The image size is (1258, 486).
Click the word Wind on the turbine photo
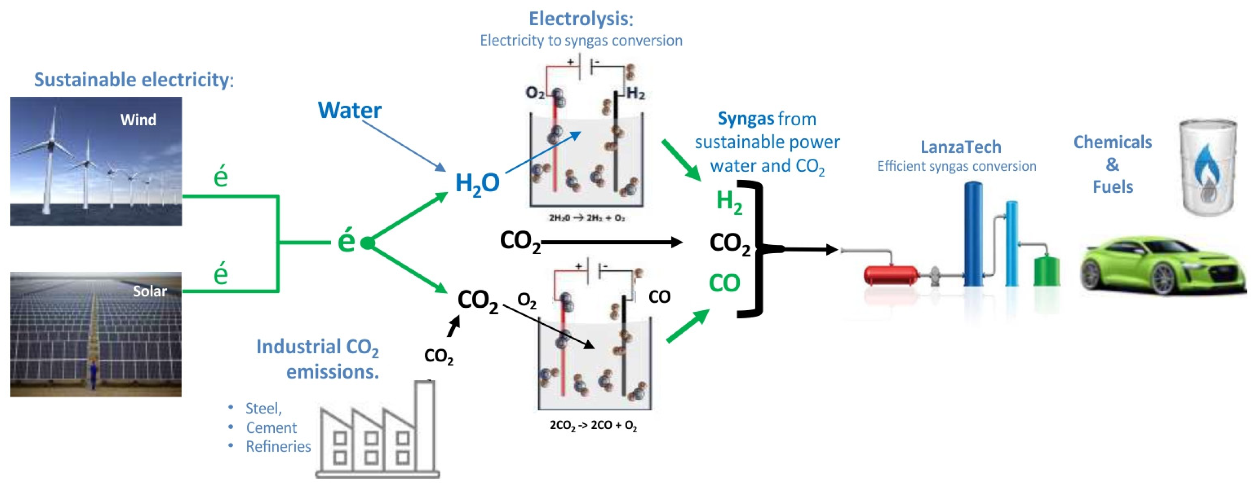pyautogui.click(x=138, y=119)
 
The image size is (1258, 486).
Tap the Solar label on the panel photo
pyautogui.click(x=150, y=291)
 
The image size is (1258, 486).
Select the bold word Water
pyautogui.click(x=350, y=110)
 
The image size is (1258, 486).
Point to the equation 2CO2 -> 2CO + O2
pyautogui.click(x=593, y=426)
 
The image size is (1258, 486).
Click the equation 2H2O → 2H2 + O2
pyautogui.click(x=586, y=218)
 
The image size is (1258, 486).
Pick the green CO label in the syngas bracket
pyautogui.click(x=724, y=283)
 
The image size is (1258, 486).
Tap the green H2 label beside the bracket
pyautogui.click(x=729, y=201)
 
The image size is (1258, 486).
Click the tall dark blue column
pyautogui.click(x=973, y=234)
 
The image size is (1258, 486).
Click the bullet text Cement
pyautogui.click(x=271, y=428)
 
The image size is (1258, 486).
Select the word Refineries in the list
pyautogui.click(x=278, y=446)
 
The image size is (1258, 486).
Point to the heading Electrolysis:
pyautogui.click(x=581, y=19)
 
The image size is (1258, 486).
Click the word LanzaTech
pyautogui.click(x=961, y=147)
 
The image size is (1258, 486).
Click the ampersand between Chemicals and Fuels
pyautogui.click(x=1112, y=165)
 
